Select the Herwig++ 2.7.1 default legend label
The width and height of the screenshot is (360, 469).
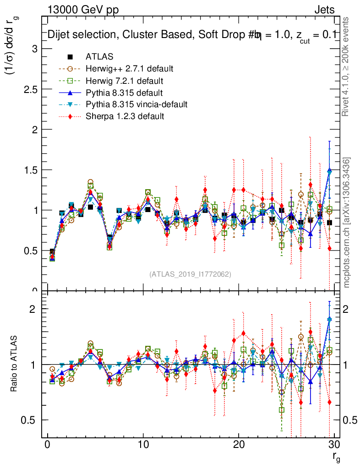(129, 69)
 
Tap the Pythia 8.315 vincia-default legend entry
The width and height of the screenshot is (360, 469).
(136, 105)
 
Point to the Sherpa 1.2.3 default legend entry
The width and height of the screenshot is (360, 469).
(125, 117)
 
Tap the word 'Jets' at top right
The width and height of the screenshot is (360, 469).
(324, 10)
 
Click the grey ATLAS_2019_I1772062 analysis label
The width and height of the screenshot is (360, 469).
(190, 274)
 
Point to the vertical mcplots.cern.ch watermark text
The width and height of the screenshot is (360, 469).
(347, 223)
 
